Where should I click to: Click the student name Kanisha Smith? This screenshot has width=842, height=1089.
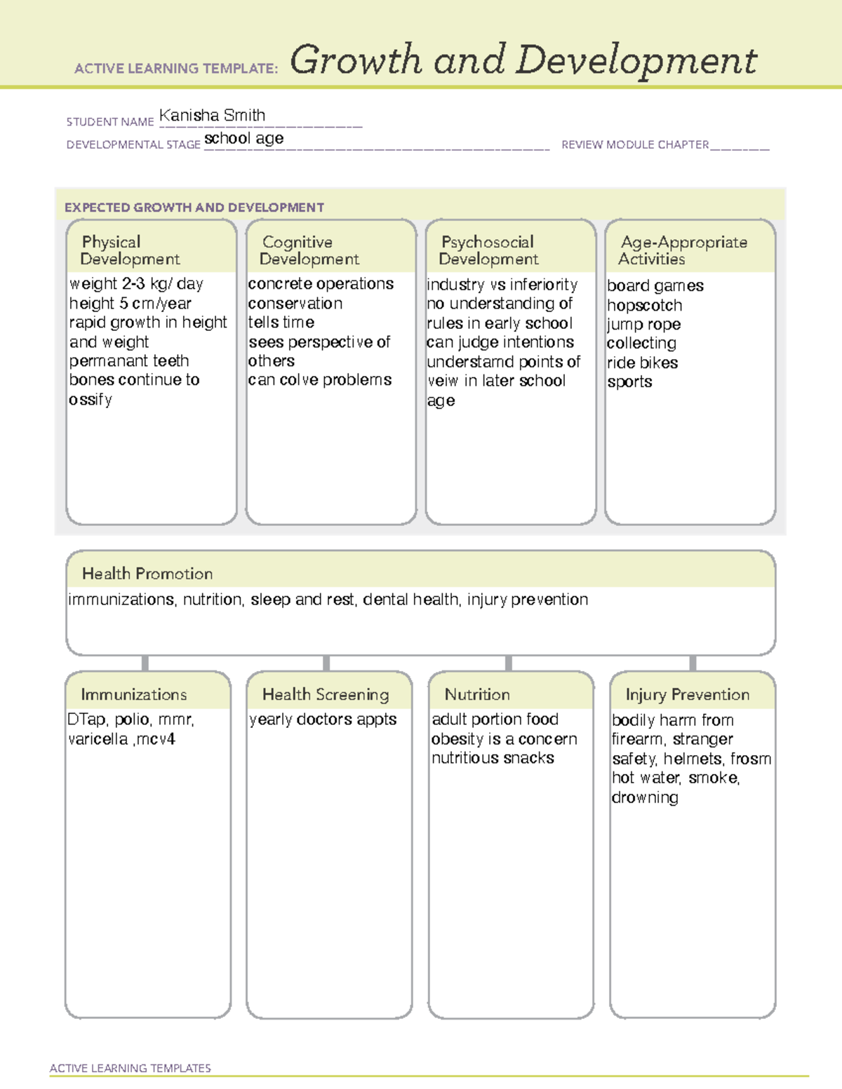click(212, 116)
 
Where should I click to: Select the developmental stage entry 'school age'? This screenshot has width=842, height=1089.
click(243, 139)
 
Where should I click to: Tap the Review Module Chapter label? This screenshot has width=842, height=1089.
click(635, 145)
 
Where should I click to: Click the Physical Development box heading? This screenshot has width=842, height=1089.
click(130, 250)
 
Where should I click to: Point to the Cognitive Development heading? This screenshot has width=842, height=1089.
click(309, 250)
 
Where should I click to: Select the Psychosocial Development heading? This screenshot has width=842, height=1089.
click(488, 250)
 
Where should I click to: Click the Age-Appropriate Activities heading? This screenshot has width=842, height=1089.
click(683, 250)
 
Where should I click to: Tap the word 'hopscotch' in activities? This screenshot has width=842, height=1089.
click(644, 306)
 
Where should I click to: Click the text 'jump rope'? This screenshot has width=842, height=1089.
click(643, 325)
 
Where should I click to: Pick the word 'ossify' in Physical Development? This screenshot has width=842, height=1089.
click(91, 400)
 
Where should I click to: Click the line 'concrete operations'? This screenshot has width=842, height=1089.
click(321, 284)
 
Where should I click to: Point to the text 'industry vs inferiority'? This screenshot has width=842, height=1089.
click(502, 285)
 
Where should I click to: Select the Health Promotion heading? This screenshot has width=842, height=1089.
click(147, 574)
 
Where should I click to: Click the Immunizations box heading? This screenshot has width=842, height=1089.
click(133, 694)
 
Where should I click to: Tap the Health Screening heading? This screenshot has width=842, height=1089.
click(326, 694)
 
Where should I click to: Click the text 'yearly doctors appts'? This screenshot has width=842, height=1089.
click(323, 719)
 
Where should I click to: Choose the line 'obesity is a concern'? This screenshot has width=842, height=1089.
click(504, 739)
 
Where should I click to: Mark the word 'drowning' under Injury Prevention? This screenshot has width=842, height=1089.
click(645, 798)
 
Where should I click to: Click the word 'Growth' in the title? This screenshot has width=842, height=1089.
click(356, 60)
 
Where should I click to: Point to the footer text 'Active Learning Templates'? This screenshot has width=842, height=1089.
click(131, 1068)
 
